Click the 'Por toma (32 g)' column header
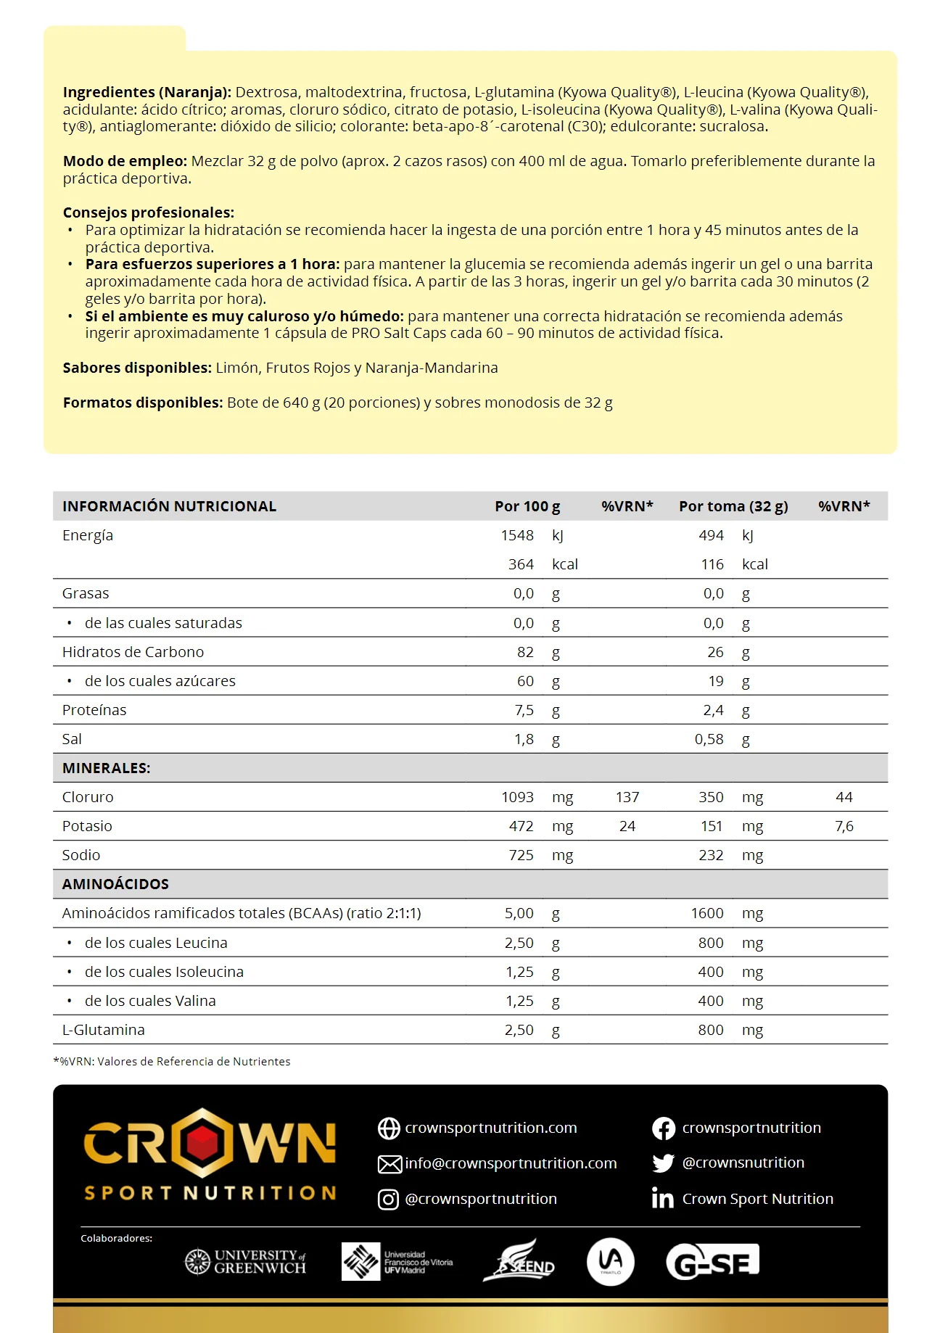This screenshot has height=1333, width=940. pos(733,506)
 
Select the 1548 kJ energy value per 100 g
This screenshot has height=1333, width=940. pos(517,535)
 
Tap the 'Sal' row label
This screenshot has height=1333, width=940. pos(72,739)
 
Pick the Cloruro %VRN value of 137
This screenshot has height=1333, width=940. pos(627,797)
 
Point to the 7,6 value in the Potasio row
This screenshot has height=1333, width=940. pos(844,826)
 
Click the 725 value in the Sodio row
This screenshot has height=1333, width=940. pos(521,855)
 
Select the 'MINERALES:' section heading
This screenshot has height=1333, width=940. pos(106,768)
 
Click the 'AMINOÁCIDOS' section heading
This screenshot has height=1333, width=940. pos(115,884)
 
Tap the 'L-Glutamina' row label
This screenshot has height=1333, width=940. pos(103,1030)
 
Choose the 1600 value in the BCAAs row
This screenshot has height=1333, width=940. pos(706,913)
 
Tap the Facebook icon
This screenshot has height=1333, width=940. pos(663,1128)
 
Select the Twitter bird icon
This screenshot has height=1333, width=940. pos(663,1163)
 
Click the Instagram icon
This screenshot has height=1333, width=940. pos(388,1200)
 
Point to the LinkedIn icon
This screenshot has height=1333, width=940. pos(662,1198)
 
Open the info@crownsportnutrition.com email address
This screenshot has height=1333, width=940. pos(511,1163)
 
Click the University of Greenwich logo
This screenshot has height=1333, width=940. pos(245,1262)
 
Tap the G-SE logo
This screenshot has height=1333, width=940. pos(712,1262)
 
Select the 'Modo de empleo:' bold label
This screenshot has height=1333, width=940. pos(125,161)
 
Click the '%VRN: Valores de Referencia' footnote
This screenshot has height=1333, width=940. pos(172,1062)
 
